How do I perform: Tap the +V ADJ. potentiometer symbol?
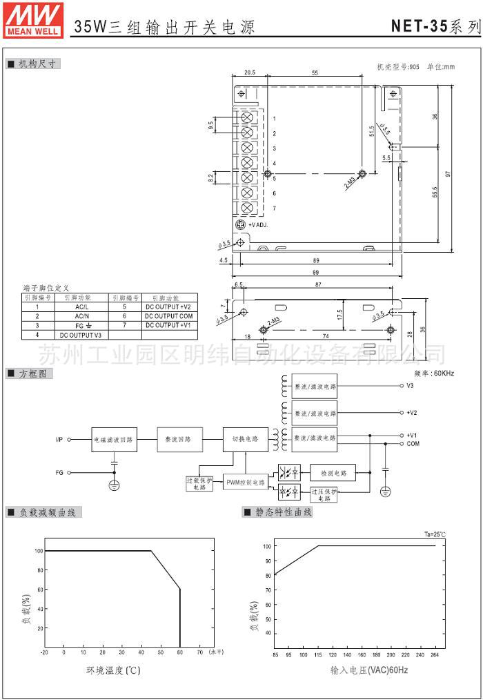pyautogui.click(x=241, y=225)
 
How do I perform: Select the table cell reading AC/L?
pyautogui.click(x=81, y=306)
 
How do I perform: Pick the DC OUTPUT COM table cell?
pyautogui.click(x=168, y=315)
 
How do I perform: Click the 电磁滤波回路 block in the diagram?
pyautogui.click(x=115, y=439)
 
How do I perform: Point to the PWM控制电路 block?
pyautogui.click(x=245, y=482)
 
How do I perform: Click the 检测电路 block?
pyautogui.click(x=333, y=473)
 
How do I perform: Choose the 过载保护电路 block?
pyautogui.click(x=195, y=483)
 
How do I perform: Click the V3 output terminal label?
pyautogui.click(x=410, y=386)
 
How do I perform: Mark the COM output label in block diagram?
pyautogui.click(x=412, y=444)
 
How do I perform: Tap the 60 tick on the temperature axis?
pyautogui.click(x=180, y=652)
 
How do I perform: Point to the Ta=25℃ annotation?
pyautogui.click(x=435, y=534)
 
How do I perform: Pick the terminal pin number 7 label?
pyautogui.click(x=274, y=208)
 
